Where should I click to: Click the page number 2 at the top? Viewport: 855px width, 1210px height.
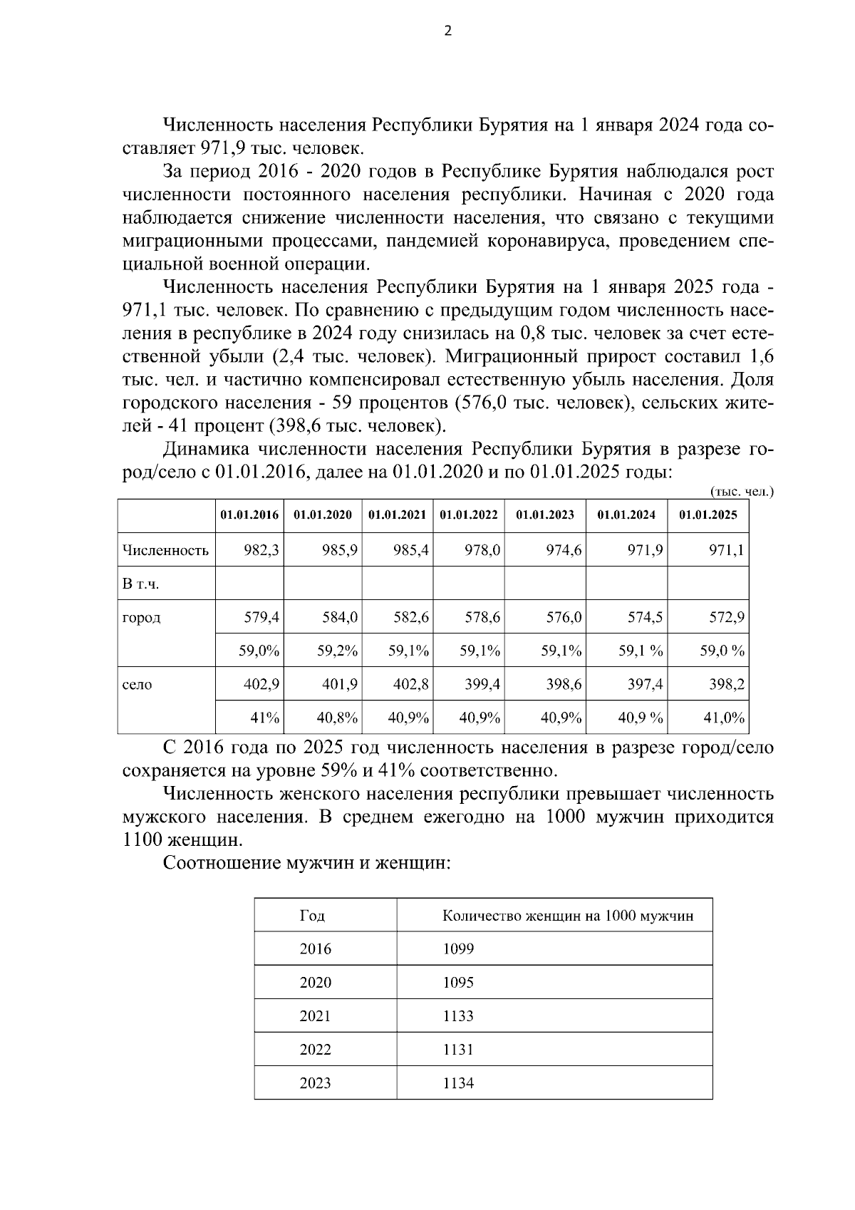click(x=447, y=31)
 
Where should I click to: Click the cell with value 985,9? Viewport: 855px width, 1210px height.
click(x=337, y=549)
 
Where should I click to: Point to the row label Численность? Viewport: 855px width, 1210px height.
click(x=165, y=550)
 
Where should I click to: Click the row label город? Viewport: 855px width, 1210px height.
click(x=142, y=617)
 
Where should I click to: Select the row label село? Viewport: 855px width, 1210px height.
click(x=138, y=684)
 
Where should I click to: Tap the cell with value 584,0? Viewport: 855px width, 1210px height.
click(x=339, y=617)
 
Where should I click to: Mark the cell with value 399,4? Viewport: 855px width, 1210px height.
click(x=482, y=684)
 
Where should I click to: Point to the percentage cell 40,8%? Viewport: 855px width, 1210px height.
click(x=337, y=718)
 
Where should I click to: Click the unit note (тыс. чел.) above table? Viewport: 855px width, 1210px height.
click(x=742, y=492)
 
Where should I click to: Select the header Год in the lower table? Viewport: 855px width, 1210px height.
click(x=312, y=916)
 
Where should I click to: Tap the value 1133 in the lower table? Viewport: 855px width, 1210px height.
click(x=458, y=1016)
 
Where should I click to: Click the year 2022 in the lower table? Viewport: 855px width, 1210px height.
click(x=316, y=1050)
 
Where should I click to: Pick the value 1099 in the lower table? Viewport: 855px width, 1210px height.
click(x=458, y=949)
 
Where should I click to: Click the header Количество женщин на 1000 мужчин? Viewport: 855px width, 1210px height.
click(x=568, y=916)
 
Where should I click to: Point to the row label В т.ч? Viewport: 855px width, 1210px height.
click(x=140, y=584)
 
